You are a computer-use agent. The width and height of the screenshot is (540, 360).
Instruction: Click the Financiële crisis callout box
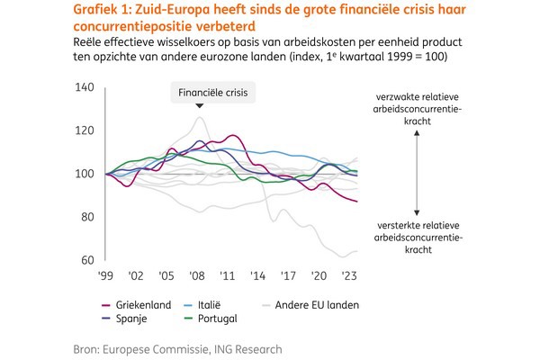pyautogui.click(x=214, y=92)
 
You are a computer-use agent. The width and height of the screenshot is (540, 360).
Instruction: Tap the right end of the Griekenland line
pyautogui.click(x=357, y=202)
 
